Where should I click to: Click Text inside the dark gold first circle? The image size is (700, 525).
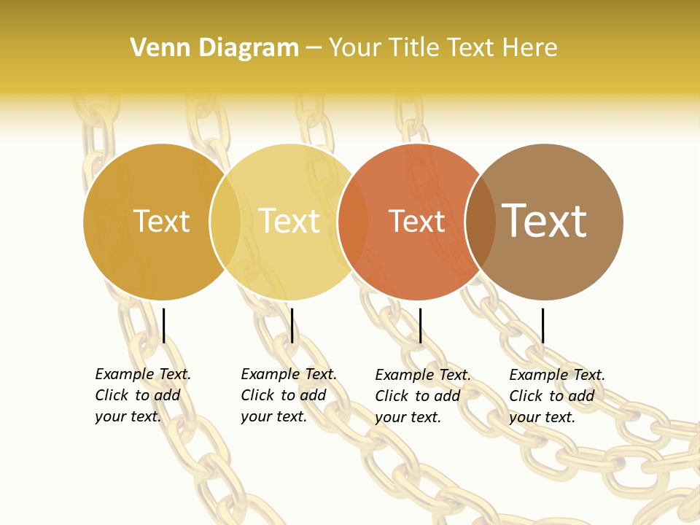click(162, 221)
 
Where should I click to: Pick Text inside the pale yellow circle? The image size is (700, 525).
click(289, 221)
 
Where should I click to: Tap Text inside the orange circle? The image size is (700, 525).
click(416, 221)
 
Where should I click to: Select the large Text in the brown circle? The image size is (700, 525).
click(544, 220)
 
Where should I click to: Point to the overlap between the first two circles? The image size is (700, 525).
click(225, 222)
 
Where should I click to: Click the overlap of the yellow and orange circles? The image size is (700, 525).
click(353, 222)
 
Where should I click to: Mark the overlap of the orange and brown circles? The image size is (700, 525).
click(481, 222)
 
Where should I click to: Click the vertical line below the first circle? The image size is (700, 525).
click(164, 325)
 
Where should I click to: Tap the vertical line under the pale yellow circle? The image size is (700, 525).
click(292, 325)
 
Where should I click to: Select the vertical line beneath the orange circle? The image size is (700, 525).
click(420, 325)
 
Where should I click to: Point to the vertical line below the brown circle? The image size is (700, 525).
click(542, 325)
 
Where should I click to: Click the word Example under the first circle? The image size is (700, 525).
click(125, 374)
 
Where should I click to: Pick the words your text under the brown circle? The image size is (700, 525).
click(542, 417)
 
